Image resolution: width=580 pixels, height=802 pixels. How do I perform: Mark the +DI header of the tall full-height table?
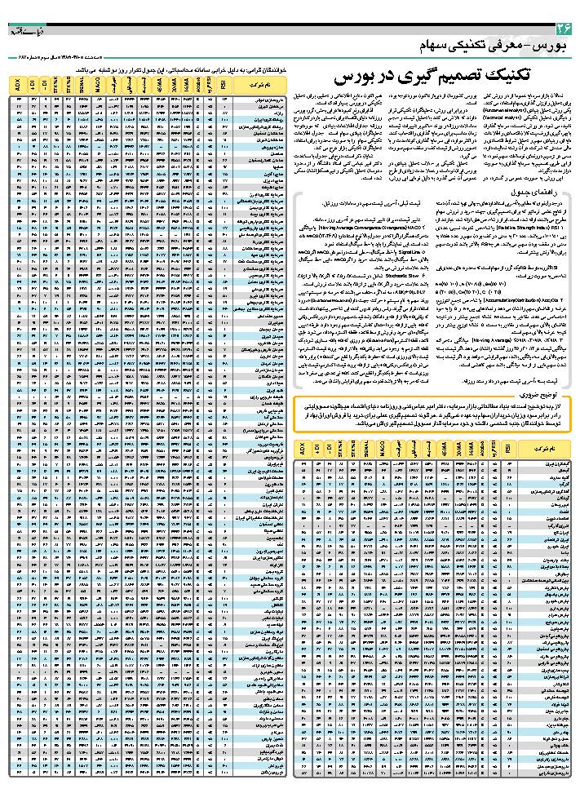pos(33,84)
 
